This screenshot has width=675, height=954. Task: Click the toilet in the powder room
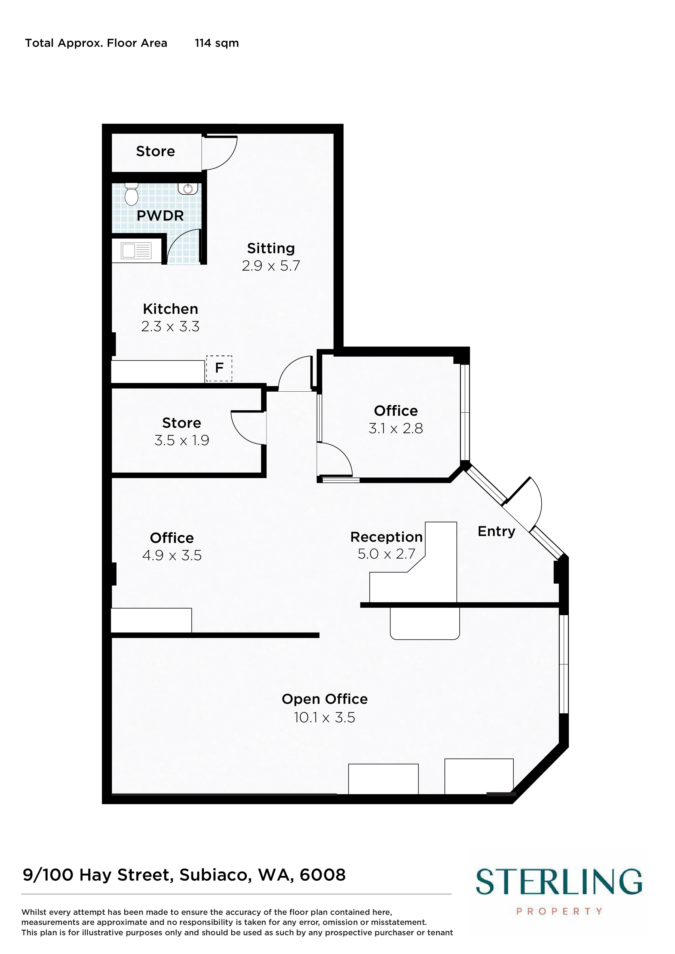click(x=131, y=194)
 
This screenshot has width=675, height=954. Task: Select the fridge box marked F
click(x=219, y=368)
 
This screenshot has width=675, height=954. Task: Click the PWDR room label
click(x=160, y=216)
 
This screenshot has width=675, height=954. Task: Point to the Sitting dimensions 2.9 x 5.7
click(x=271, y=265)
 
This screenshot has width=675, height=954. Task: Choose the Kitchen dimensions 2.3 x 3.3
click(x=170, y=327)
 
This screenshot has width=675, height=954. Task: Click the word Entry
click(x=496, y=531)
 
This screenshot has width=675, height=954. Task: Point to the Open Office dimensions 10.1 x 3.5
click(x=324, y=718)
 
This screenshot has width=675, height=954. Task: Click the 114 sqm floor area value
click(x=217, y=43)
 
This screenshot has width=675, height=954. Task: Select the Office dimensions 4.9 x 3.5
click(x=172, y=556)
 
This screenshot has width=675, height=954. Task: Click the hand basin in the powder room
click(x=188, y=189)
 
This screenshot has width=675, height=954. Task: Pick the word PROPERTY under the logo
click(x=559, y=911)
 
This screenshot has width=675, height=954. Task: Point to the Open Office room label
click(x=324, y=699)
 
